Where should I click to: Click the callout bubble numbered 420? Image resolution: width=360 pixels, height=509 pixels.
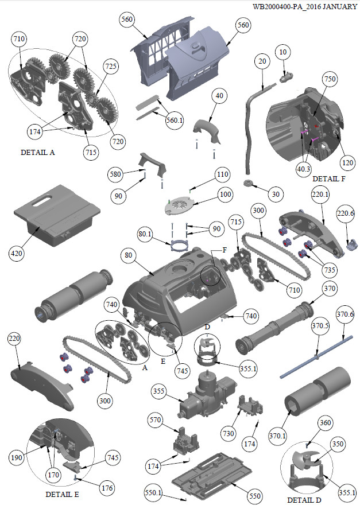18,251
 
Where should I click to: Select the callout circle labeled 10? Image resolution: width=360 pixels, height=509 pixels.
282,53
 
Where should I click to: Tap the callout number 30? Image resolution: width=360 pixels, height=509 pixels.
276,195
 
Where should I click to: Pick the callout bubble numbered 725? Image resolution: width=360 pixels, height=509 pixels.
111,67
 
